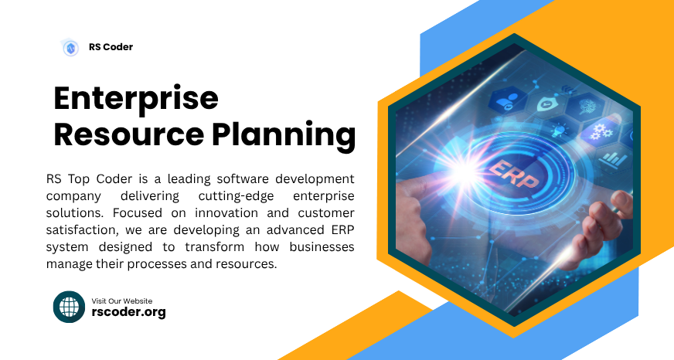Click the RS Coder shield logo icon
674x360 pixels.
coord(70,48)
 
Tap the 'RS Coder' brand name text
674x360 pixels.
coord(111,47)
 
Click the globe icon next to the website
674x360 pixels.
coord(69,307)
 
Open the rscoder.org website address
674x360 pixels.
coord(128,312)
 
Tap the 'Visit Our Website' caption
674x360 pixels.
coord(122,301)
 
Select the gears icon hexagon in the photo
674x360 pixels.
coord(596,131)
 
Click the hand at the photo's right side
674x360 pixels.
coord(599,232)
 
